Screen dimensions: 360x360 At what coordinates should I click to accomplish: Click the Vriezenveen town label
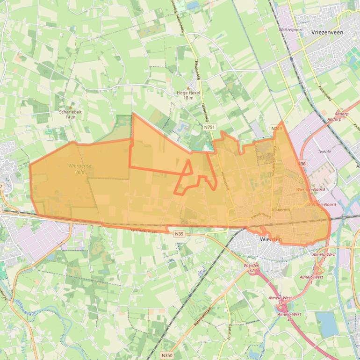327,33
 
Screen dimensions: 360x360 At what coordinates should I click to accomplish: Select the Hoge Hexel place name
188,93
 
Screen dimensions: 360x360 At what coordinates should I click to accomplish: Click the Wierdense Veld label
80,168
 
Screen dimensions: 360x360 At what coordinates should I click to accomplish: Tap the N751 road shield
209,127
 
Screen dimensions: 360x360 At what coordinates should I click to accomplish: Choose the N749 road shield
277,128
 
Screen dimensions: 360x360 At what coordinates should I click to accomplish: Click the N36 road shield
302,164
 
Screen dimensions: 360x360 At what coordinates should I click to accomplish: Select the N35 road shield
179,233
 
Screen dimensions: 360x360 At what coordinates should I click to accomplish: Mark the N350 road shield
166,355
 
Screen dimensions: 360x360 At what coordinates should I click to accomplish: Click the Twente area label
324,151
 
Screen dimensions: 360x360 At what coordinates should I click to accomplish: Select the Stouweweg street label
281,210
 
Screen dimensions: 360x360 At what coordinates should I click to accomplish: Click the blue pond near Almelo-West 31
327,324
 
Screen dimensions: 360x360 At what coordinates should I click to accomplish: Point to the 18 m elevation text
188,98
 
